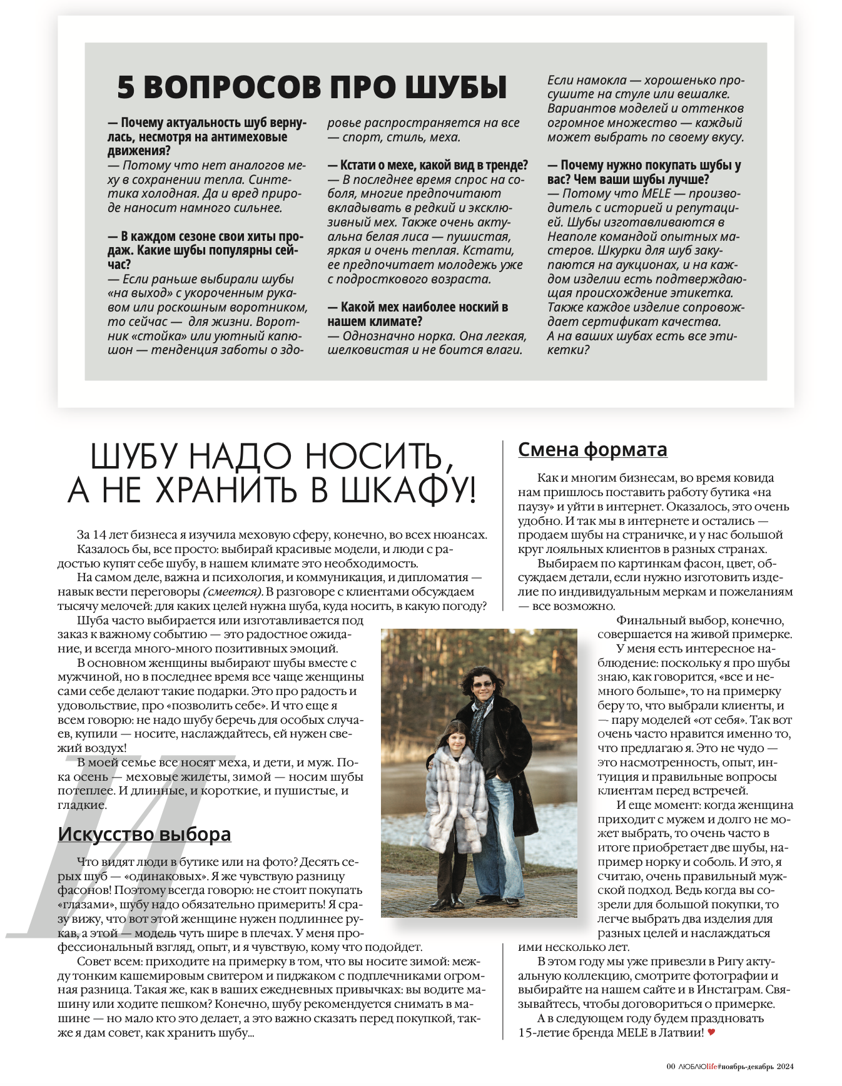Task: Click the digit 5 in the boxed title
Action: [126, 87]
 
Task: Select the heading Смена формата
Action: [592, 449]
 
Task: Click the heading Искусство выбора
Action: [145, 834]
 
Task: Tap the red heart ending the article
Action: [711, 1032]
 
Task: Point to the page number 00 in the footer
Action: [671, 1067]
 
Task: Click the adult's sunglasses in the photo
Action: [482, 685]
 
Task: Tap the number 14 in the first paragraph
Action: [99, 535]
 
